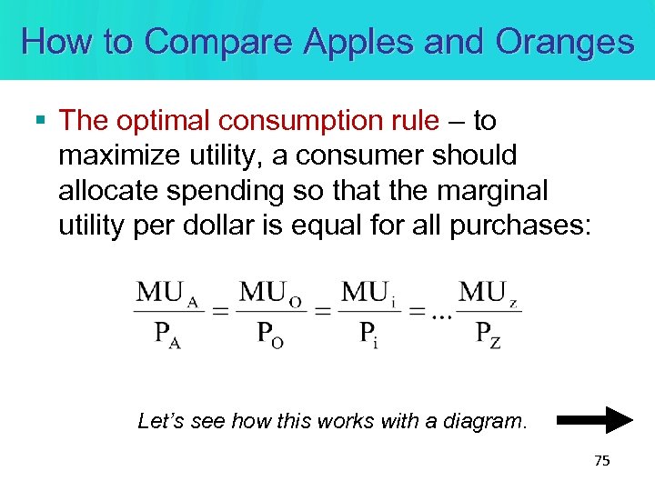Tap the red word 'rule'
pyautogui.click(x=415, y=121)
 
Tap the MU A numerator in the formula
pyautogui.click(x=168, y=293)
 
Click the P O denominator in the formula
pyautogui.click(x=270, y=334)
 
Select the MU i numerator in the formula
pyautogui.click(x=368, y=293)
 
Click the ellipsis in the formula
pyautogui.click(x=442, y=316)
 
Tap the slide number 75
pyautogui.click(x=601, y=461)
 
